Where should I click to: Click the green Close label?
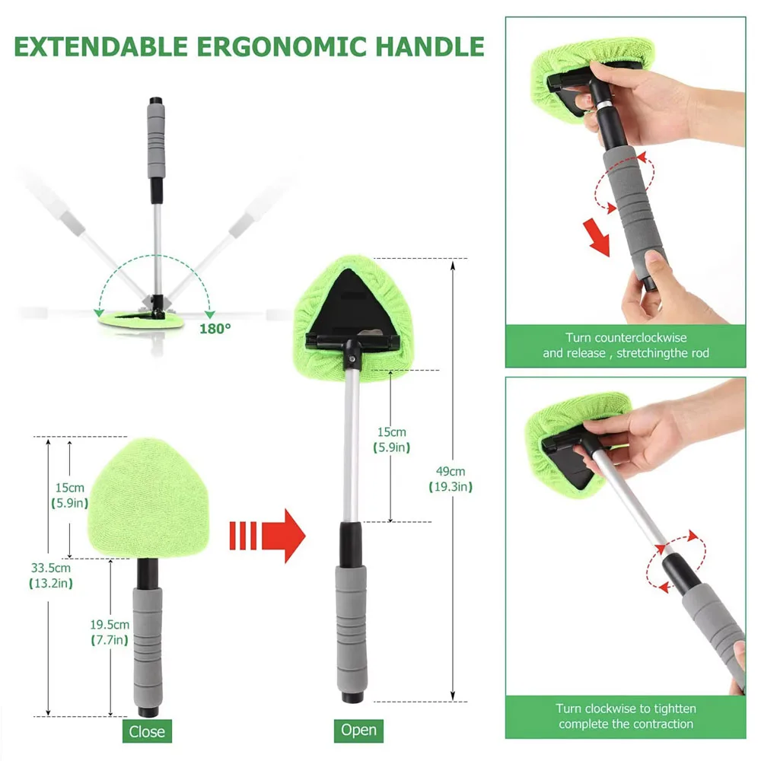pos(146,731)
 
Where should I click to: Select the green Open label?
pos(358,731)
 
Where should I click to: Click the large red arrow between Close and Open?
pos(269,536)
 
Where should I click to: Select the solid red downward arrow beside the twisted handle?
pos(599,237)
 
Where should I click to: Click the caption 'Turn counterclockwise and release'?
pos(626,345)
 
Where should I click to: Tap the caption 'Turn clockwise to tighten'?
pos(626,716)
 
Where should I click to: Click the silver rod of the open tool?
pos(351,441)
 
